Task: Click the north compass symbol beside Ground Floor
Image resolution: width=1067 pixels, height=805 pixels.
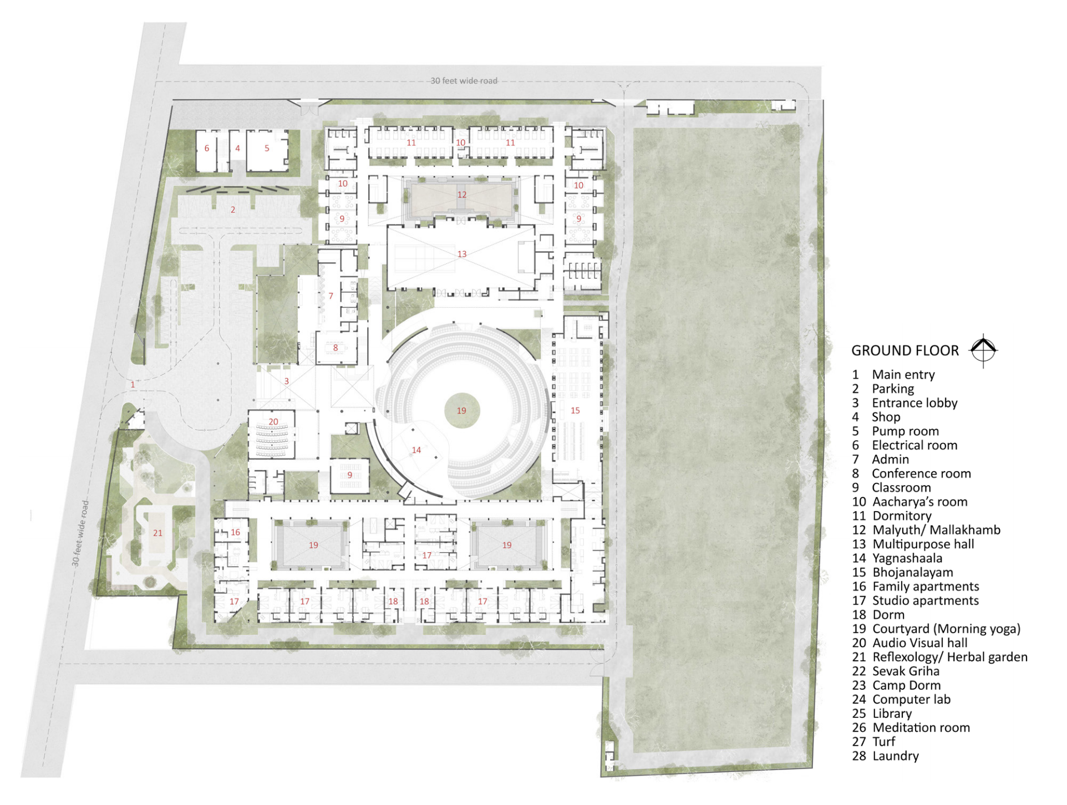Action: click(983, 350)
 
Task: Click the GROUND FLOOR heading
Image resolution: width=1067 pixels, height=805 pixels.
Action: click(905, 351)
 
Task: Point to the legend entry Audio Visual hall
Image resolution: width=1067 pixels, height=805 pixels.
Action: click(910, 643)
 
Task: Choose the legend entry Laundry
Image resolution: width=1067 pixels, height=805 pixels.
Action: click(885, 756)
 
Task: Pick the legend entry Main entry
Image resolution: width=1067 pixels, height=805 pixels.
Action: click(893, 375)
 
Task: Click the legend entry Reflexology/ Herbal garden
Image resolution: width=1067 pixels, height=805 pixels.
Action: click(939, 658)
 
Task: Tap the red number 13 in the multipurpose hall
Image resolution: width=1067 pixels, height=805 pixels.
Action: click(462, 254)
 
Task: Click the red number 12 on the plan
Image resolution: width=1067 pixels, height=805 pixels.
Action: click(462, 195)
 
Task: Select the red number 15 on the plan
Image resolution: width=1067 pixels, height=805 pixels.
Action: click(575, 411)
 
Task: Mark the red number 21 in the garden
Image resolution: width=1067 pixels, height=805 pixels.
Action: click(157, 533)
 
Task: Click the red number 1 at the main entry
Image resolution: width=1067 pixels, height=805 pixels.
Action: click(133, 384)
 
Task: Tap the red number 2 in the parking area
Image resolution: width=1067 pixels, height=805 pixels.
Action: click(233, 210)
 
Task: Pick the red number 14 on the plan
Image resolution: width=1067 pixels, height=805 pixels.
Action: click(416, 450)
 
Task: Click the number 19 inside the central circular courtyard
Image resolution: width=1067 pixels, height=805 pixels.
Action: click(461, 411)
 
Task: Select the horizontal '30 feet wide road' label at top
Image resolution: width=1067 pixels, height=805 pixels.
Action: click(464, 81)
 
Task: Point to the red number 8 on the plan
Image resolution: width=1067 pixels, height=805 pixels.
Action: click(336, 348)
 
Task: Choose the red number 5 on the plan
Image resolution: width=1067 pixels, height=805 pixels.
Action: click(267, 149)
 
